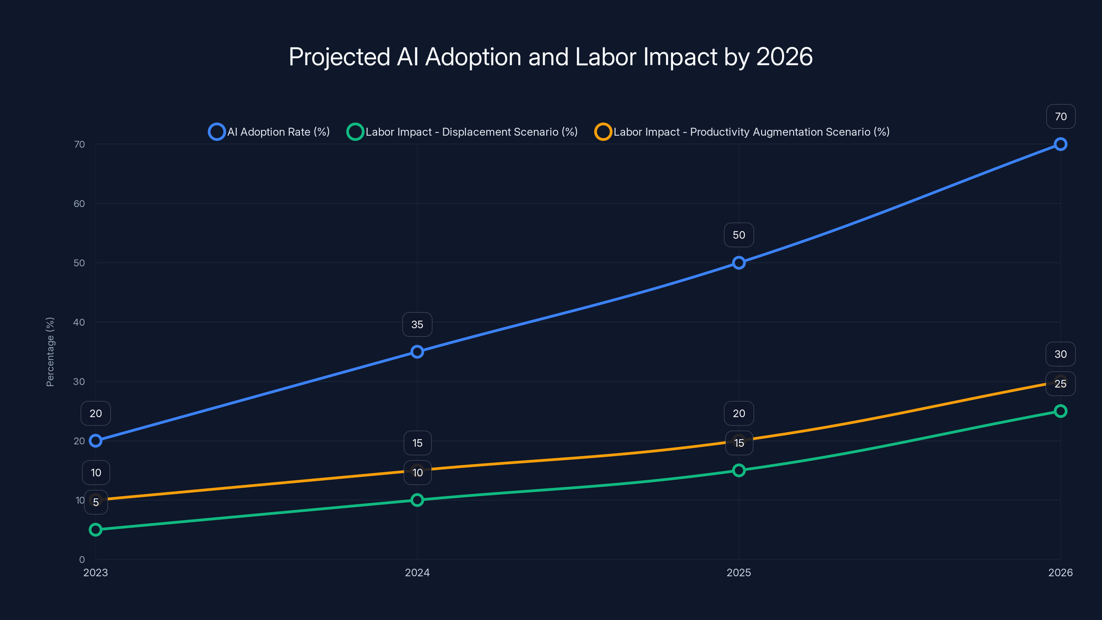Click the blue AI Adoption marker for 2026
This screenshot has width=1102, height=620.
pyautogui.click(x=1060, y=144)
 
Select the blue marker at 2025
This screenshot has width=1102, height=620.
pyautogui.click(x=739, y=263)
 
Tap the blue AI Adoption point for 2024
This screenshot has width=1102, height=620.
pyautogui.click(x=417, y=352)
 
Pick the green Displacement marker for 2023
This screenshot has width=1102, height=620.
pyautogui.click(x=95, y=530)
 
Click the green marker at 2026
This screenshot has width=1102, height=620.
pyautogui.click(x=1060, y=411)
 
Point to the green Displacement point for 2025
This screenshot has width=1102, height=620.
pyautogui.click(x=739, y=470)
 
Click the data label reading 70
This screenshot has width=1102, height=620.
pyautogui.click(x=1061, y=116)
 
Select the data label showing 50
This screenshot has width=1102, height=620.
pyautogui.click(x=739, y=235)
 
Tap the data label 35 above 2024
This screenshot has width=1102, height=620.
pyautogui.click(x=417, y=324)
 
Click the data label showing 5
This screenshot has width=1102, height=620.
pyautogui.click(x=96, y=502)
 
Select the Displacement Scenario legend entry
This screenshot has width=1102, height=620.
pyautogui.click(x=462, y=132)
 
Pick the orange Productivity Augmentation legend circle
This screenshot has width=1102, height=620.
pyautogui.click(x=603, y=132)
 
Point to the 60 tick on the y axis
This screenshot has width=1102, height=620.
pyautogui.click(x=79, y=204)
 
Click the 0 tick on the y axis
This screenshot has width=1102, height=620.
pyautogui.click(x=82, y=559)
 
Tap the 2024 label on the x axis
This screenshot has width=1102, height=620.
pyautogui.click(x=417, y=572)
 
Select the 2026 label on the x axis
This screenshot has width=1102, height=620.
pyautogui.click(x=1060, y=572)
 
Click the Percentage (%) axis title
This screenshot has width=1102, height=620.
pyautogui.click(x=50, y=352)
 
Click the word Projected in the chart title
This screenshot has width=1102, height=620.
pyautogui.click(x=339, y=57)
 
